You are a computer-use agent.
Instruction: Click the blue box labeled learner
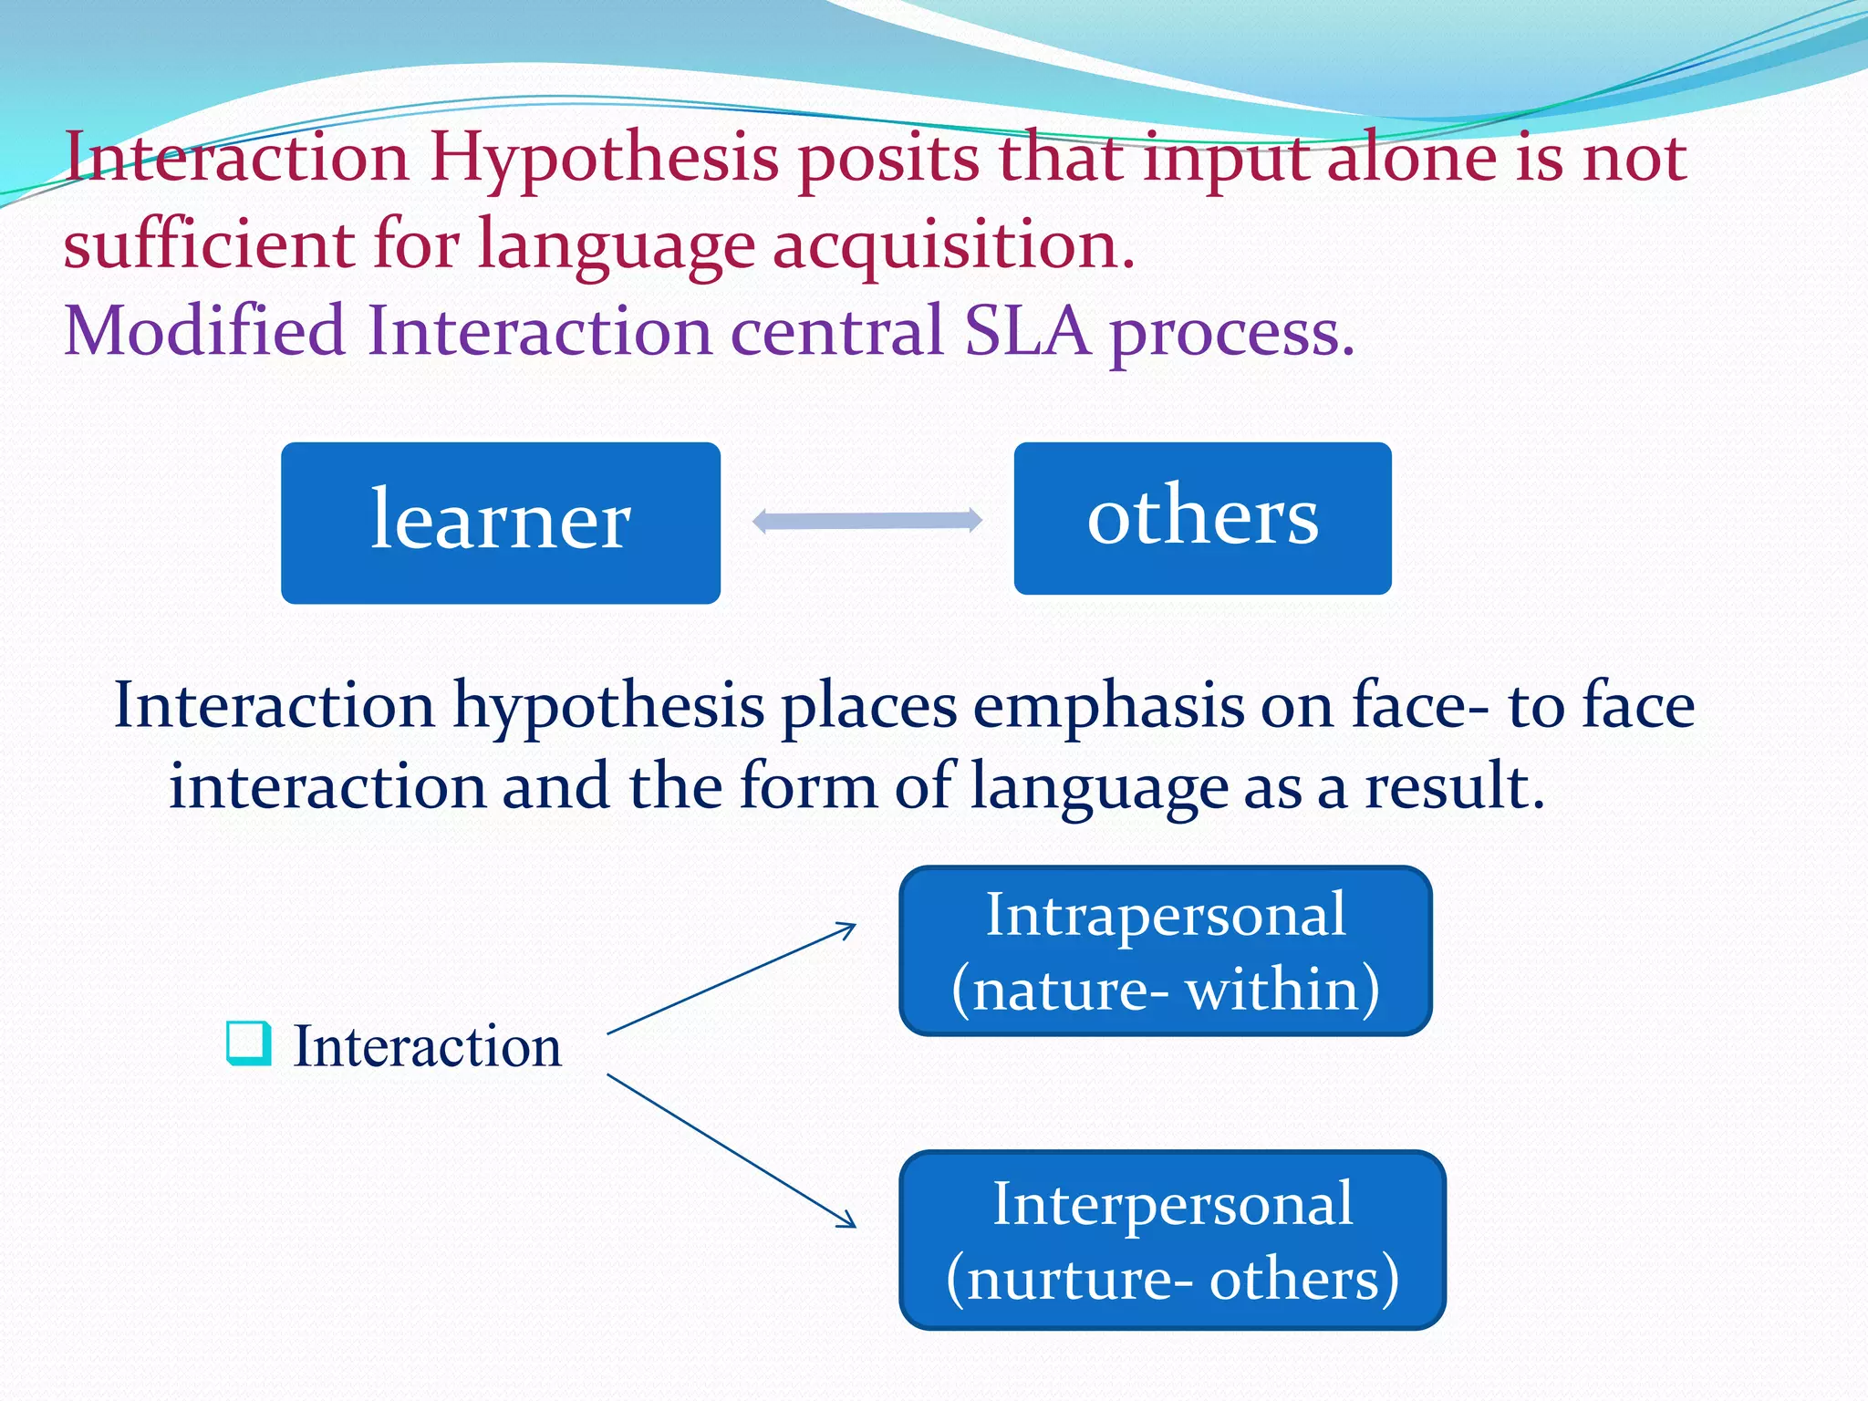[x=500, y=523]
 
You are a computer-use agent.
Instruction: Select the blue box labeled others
[x=1202, y=518]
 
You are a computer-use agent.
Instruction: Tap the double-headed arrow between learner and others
[x=867, y=521]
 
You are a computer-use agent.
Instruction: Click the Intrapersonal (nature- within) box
[x=1165, y=950]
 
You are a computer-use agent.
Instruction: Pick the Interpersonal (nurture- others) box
[x=1172, y=1240]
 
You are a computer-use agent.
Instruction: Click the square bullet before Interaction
[x=248, y=1043]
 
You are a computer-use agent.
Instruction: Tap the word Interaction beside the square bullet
[x=427, y=1046]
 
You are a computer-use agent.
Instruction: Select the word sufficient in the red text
[x=209, y=245]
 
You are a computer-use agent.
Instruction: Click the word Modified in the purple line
[x=204, y=330]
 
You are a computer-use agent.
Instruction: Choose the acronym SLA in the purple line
[x=1027, y=330]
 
